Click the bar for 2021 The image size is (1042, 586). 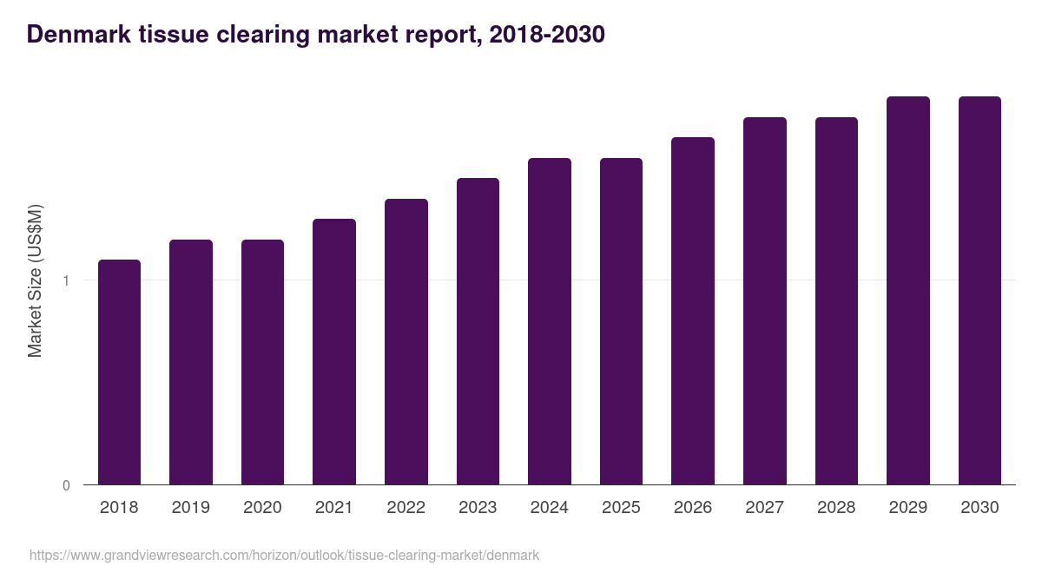coord(334,352)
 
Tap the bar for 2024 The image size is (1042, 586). coord(550,321)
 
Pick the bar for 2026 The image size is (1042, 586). coord(693,311)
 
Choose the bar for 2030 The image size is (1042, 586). coord(979,290)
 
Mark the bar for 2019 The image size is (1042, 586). coord(191,362)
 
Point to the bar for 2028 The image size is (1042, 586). coord(836,300)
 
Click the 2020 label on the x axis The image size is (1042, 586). coord(262,508)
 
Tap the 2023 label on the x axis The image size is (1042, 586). coord(478,508)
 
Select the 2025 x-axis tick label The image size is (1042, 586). coord(621,508)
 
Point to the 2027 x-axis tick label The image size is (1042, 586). coord(765,508)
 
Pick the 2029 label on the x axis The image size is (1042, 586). coord(908,508)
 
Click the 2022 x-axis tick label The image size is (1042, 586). coord(406,508)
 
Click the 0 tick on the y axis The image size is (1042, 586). coord(66,485)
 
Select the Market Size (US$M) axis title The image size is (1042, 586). coord(35,280)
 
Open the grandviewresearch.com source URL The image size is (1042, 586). coord(284,555)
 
